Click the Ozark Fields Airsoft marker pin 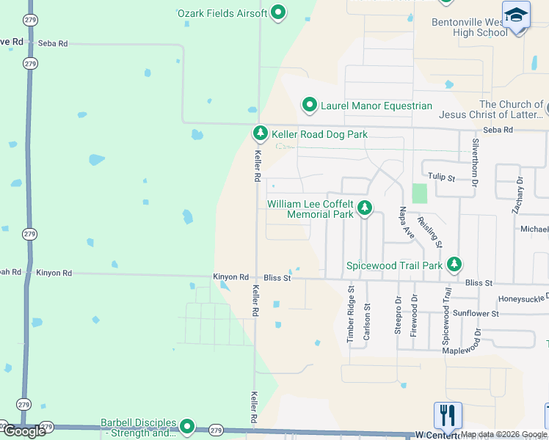point(278,12)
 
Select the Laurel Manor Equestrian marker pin point(309,106)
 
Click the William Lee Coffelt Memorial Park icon point(364,209)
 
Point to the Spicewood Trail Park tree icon point(454,264)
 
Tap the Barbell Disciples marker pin point(187,426)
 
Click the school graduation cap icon point(516,15)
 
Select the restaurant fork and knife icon point(447,414)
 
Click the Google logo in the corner point(25,431)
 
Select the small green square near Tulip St point(419,194)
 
